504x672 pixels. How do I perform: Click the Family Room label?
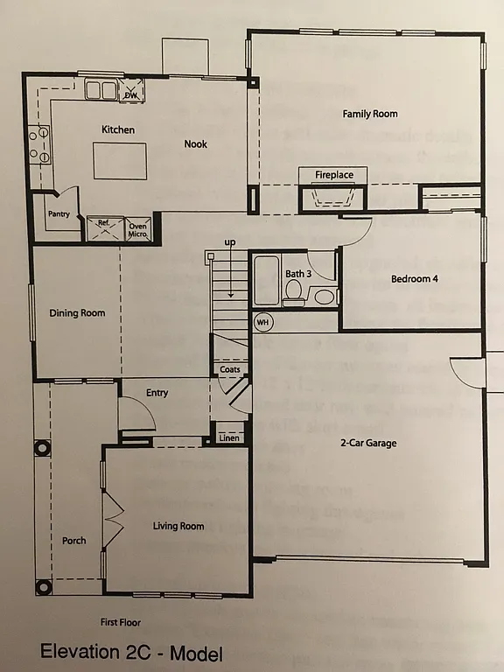(x=369, y=114)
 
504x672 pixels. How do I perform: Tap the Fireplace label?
(x=334, y=175)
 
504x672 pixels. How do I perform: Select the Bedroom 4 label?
(x=414, y=279)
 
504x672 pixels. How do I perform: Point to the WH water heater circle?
(x=262, y=323)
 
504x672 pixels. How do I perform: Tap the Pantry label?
(x=59, y=213)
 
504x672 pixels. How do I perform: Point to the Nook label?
(x=195, y=144)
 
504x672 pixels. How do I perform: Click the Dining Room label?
(x=77, y=313)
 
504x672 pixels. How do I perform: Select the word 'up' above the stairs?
(x=230, y=241)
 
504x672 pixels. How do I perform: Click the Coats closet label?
(x=230, y=369)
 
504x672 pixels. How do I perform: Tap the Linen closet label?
(x=229, y=437)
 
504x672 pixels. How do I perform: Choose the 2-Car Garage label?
(x=368, y=443)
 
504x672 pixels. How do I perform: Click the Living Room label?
(x=178, y=526)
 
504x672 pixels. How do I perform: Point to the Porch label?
(x=74, y=541)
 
